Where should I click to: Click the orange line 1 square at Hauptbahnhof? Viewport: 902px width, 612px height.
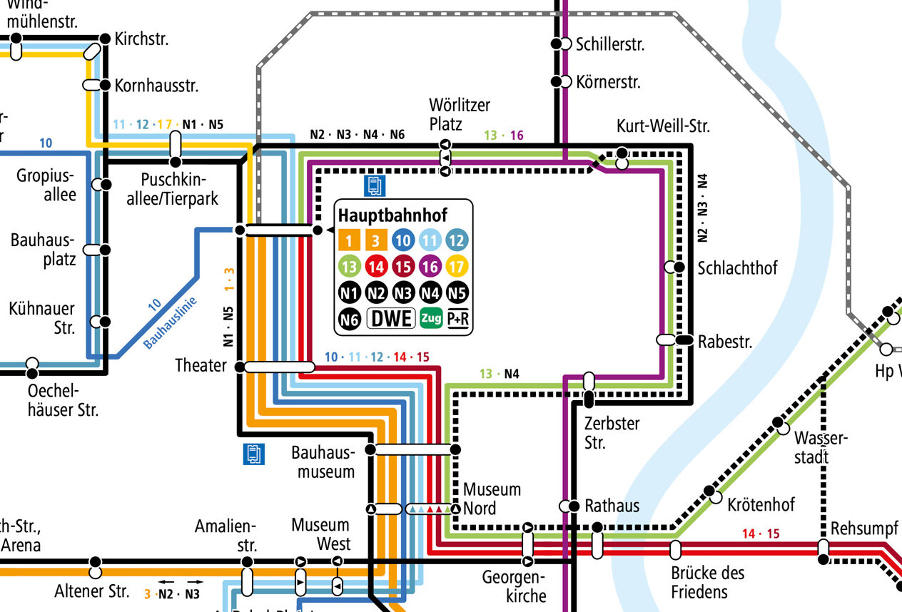click(x=349, y=241)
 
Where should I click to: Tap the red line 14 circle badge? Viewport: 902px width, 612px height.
click(x=376, y=268)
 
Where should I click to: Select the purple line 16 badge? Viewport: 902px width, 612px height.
click(x=430, y=268)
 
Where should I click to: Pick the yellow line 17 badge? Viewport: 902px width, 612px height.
click(x=457, y=268)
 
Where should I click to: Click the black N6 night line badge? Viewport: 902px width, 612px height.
click(x=349, y=320)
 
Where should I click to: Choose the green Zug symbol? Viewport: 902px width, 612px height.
click(x=430, y=319)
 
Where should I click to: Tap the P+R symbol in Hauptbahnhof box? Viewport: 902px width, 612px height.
click(x=458, y=320)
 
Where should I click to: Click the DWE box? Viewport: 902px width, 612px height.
click(x=390, y=319)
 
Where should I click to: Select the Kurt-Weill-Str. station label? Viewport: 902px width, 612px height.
click(x=664, y=128)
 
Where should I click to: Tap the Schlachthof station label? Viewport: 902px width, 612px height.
click(x=737, y=268)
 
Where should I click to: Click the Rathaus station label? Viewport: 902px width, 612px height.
click(x=612, y=506)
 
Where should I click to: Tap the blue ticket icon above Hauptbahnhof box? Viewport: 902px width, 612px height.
click(x=375, y=185)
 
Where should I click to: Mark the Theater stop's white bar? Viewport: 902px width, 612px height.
click(x=278, y=367)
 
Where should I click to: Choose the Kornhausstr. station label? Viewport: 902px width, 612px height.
click(x=156, y=86)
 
